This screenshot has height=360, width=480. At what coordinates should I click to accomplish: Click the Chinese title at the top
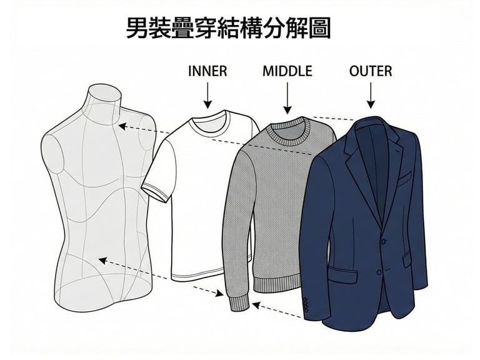pos(229,29)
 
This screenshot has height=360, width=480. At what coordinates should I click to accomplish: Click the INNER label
pos(207,71)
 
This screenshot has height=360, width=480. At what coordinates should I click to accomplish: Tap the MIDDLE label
pos(287,71)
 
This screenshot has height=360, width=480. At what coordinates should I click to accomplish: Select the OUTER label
pos(371,71)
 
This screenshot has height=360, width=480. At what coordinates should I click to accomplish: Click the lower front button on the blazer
pos(379,271)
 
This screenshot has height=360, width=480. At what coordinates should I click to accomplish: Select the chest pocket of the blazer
pos(402,178)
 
